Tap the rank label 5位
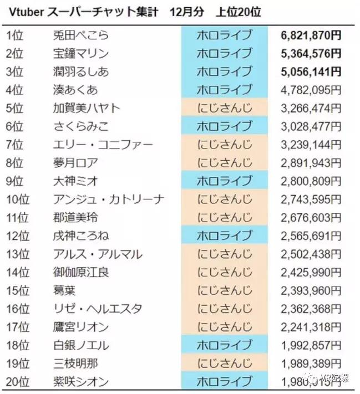[15, 108]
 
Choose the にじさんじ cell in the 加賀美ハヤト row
[224, 108]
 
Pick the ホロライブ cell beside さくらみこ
[224, 126]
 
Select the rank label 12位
[18, 236]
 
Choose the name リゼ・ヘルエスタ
[97, 309]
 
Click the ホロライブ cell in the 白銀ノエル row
[224, 345]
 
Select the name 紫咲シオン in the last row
[80, 381]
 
